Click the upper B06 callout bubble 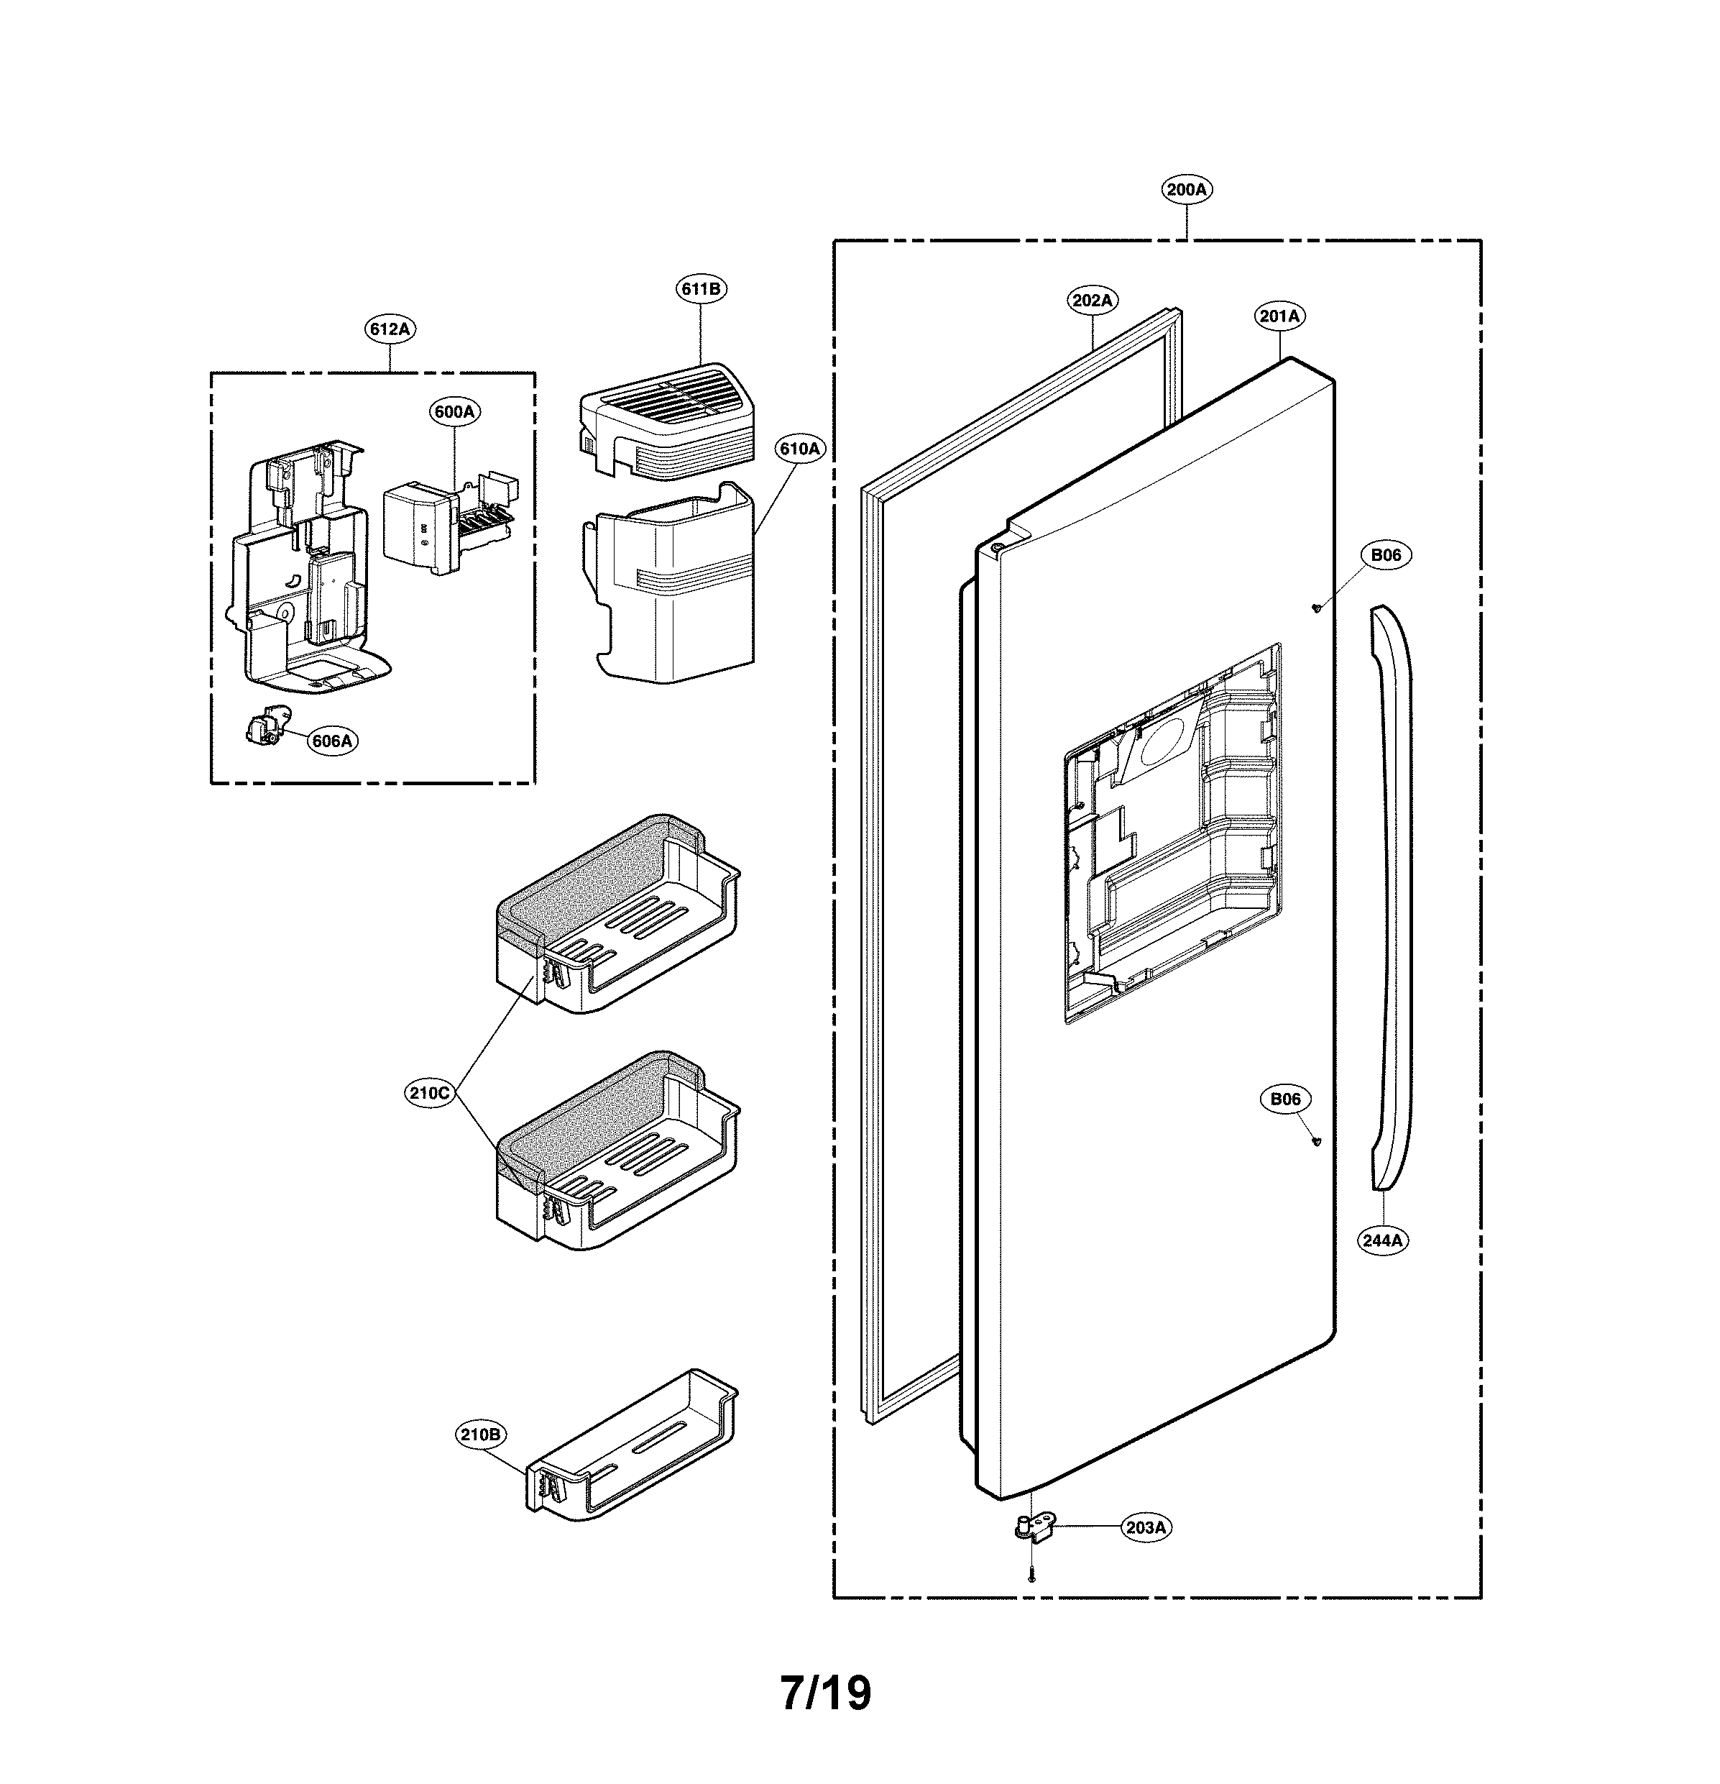1386,554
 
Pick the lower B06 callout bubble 1285,1099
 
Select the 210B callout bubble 479,1435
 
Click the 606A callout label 331,740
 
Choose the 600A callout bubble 454,411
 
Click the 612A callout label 390,329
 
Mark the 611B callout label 701,290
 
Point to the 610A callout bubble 799,448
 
